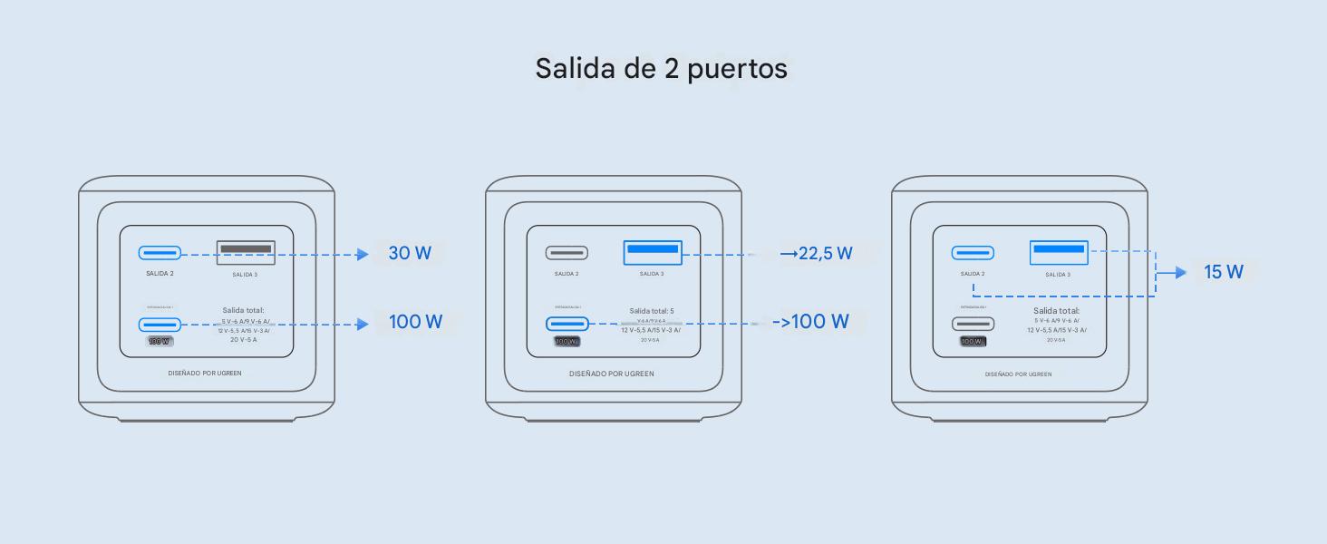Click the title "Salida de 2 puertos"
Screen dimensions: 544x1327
[661, 68]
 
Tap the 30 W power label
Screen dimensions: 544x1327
[410, 253]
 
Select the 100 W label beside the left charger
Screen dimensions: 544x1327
[415, 322]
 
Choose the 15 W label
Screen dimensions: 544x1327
[1223, 272]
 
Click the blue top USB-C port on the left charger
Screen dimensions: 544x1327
[160, 253]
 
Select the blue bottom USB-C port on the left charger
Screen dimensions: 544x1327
[160, 324]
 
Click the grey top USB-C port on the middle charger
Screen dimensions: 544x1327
[567, 253]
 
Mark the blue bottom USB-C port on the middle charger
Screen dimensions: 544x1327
[567, 324]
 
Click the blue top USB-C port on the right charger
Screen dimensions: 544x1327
[973, 253]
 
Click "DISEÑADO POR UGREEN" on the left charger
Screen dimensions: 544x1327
[205, 373]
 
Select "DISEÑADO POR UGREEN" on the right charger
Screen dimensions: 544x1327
[1019, 374]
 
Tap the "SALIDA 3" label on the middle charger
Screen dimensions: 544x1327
[652, 274]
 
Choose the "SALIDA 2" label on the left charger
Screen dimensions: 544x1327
[160, 273]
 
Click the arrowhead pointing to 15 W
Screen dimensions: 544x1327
[1181, 272]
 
